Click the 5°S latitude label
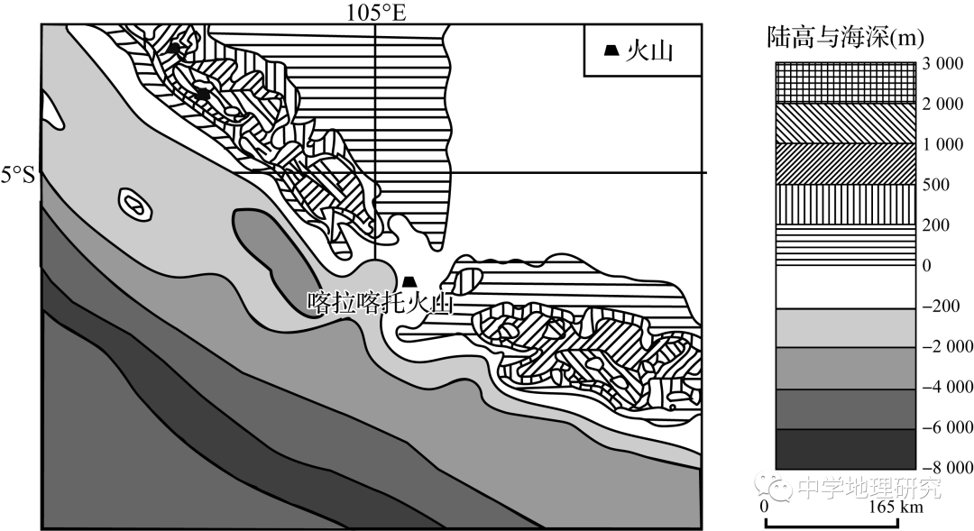pos(17,176)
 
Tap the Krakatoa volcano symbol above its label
pos(409,282)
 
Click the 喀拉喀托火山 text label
pos(381,304)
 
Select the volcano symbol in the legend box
pos(611,51)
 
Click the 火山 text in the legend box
pos(649,51)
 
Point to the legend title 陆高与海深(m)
pos(845,38)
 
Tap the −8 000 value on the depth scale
pos(947,467)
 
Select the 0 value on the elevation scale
pos(927,266)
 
